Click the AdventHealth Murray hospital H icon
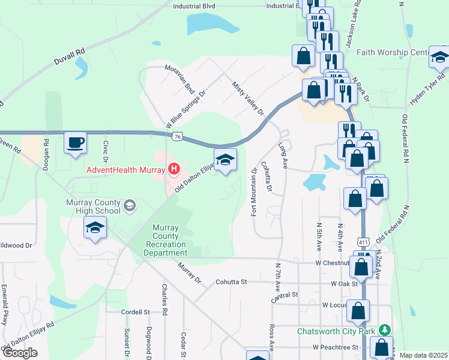coord(173,169)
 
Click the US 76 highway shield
coord(176,137)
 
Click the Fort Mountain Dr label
coord(254,192)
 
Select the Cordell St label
coord(134,312)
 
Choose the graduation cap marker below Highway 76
coord(225,160)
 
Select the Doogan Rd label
coord(46,155)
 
